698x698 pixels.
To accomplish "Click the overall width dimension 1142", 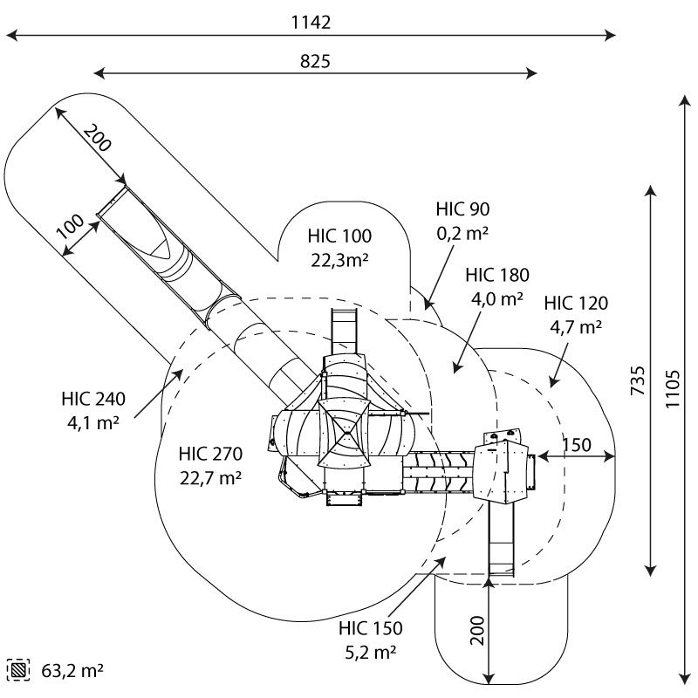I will tap(311, 23).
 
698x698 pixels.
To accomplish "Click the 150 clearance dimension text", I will tap(577, 444).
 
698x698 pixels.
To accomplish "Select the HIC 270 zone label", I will tap(210, 455).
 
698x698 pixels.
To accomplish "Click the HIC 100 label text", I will tap(339, 236).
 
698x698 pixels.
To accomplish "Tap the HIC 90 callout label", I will tap(462, 209).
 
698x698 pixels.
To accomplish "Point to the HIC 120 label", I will tap(576, 304).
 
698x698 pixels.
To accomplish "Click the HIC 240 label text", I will tap(93, 400).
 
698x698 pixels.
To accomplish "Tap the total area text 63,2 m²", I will tap(72, 671).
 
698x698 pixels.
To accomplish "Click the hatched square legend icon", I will tap(17, 670).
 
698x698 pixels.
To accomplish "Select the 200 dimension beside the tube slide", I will tap(98, 139).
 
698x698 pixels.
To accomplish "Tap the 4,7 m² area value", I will tap(576, 327).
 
